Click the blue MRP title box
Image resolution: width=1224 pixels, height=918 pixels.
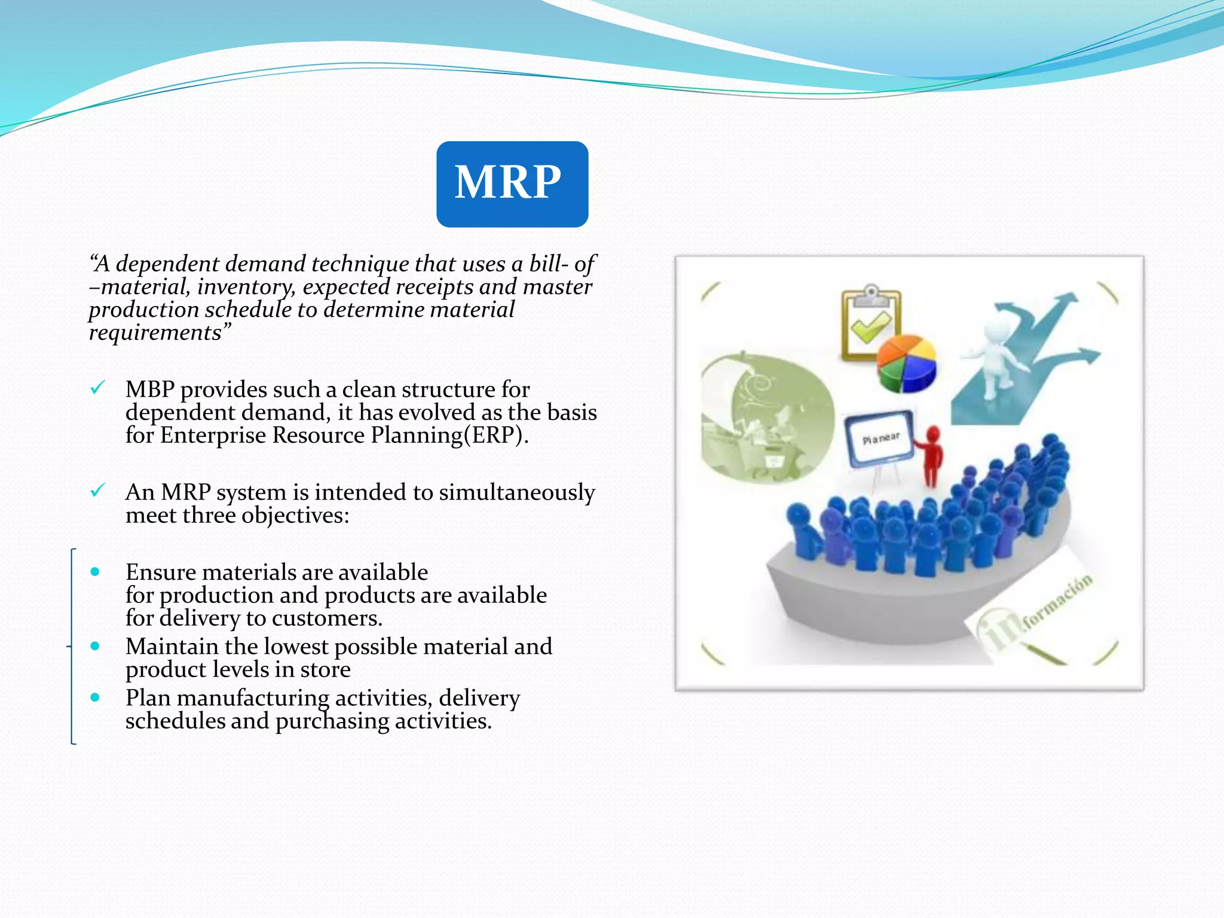tap(512, 184)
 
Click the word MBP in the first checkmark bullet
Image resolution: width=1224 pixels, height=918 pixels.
tap(149, 390)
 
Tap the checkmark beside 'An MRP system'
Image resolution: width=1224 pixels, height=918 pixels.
tap(97, 491)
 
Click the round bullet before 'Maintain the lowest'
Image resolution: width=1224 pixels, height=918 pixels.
tap(95, 646)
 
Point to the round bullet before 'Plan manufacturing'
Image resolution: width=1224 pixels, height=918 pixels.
tap(95, 697)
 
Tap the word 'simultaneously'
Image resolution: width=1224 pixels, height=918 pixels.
tap(517, 492)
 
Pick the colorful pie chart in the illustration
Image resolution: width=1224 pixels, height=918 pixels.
tap(906, 363)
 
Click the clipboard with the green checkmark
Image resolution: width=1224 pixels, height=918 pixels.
tap(870, 323)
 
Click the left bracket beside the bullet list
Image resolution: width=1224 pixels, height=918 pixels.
tap(72, 646)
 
